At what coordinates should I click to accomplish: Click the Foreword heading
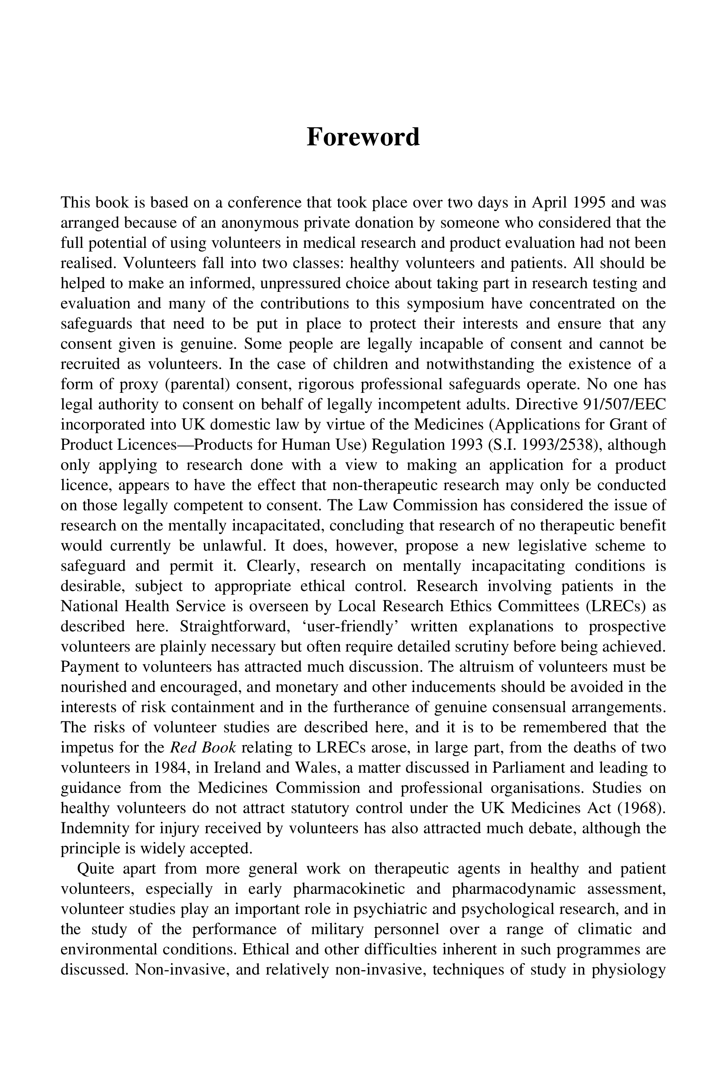(x=363, y=137)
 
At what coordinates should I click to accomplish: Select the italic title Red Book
(x=204, y=748)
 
